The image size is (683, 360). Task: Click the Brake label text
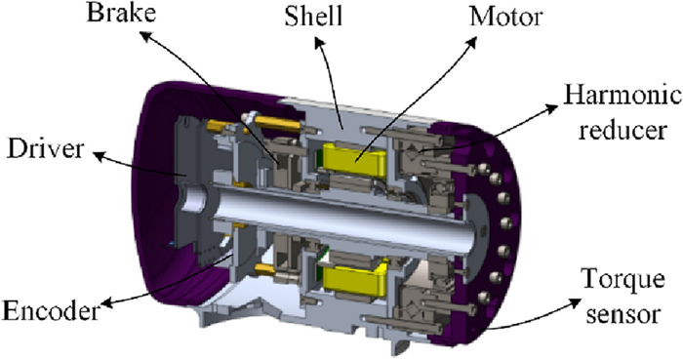(121, 13)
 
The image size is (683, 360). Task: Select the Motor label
(505, 18)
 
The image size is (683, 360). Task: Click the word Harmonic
(623, 96)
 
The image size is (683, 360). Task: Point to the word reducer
(623, 130)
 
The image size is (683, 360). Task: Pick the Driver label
(45, 149)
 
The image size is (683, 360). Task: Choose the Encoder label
(51, 311)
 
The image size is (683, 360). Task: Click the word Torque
(623, 279)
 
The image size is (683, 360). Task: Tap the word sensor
(623, 314)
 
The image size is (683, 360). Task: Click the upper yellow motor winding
(353, 158)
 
